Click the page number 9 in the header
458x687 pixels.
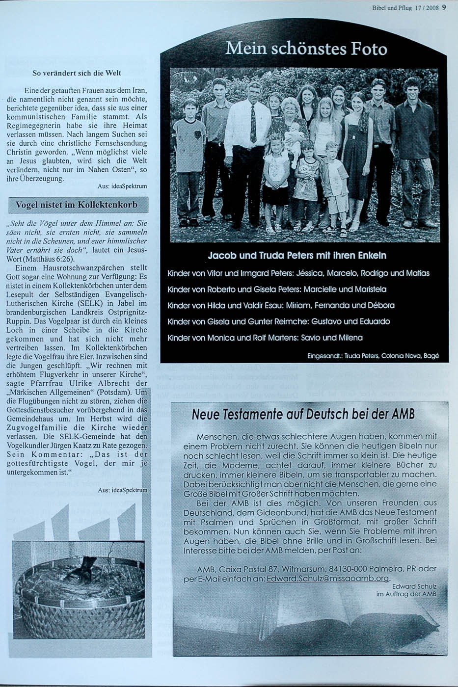pos(443,7)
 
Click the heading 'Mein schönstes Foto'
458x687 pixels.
pos(306,49)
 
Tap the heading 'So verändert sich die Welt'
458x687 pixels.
pos(77,73)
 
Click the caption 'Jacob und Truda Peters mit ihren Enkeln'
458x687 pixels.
pos(297,256)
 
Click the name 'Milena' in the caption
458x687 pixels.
pos(350,338)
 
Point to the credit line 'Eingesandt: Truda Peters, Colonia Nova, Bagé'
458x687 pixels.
pos(373,356)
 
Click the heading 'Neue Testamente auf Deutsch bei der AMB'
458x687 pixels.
pos(303,414)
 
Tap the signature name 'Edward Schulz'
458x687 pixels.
pos(414,586)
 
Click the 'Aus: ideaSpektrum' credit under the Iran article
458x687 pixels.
pos(122,186)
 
